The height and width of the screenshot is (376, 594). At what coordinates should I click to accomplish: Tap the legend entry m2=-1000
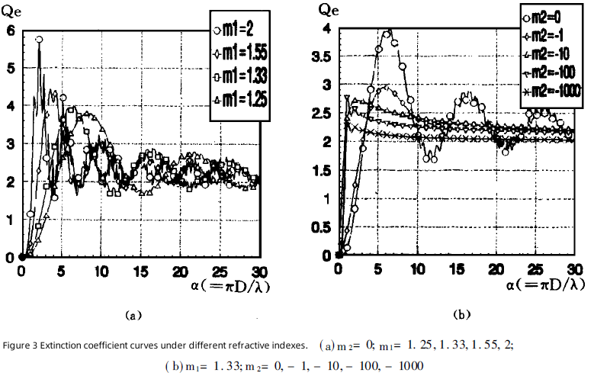[551, 92]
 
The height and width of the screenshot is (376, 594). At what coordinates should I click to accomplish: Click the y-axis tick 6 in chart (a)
[10, 31]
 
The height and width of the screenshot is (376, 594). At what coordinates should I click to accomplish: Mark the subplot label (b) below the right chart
[462, 313]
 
